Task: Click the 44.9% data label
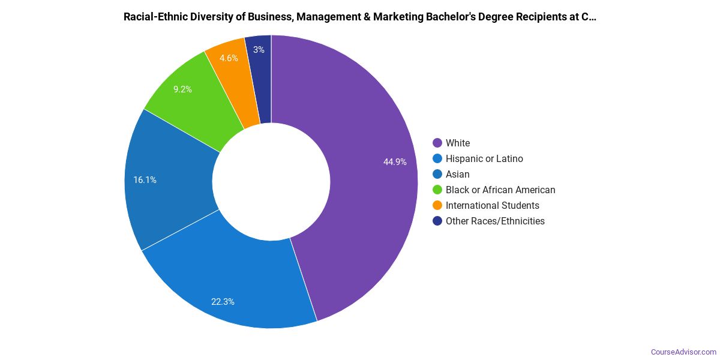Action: tap(395, 162)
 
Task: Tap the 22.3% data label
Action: tap(223, 302)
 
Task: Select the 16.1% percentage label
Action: tap(145, 179)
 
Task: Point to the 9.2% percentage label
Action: tap(182, 89)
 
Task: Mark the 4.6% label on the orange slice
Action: tap(229, 58)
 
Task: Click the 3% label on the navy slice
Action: tap(259, 50)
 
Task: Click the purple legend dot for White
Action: tap(437, 143)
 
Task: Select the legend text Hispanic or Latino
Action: tap(484, 158)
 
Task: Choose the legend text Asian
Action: tap(458, 174)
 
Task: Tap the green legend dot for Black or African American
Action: tap(437, 190)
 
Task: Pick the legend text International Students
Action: tap(492, 205)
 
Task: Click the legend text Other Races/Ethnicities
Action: tap(495, 221)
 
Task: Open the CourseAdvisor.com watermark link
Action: tap(683, 352)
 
